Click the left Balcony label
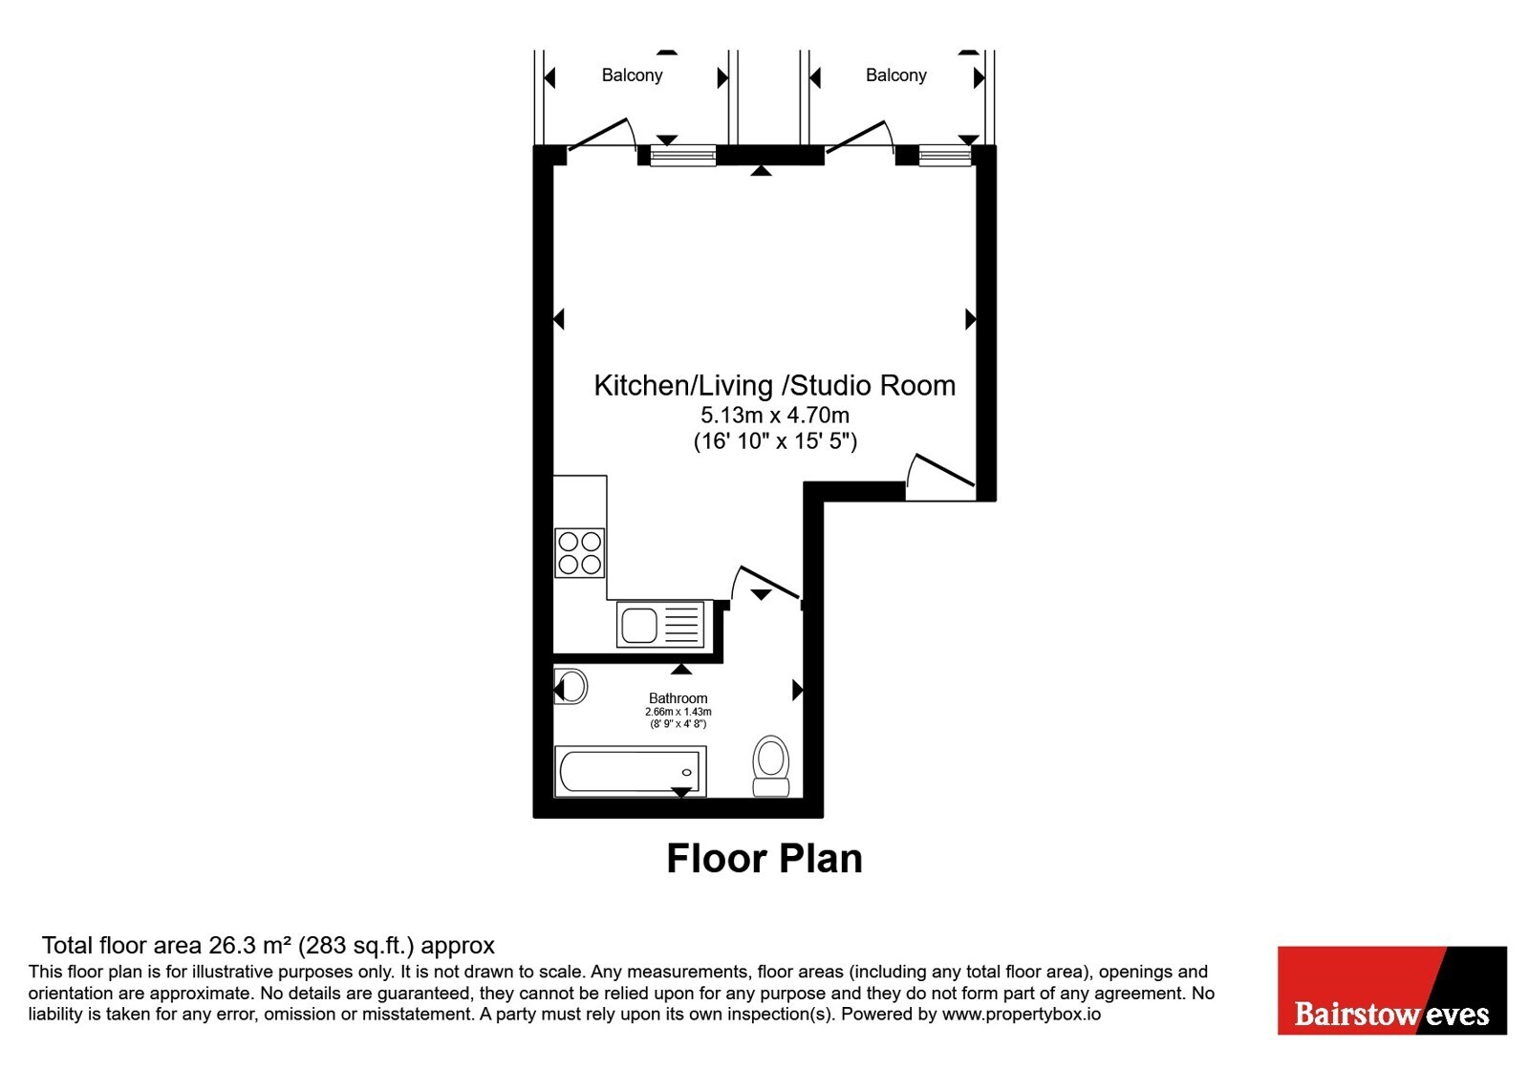(632, 75)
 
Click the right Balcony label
(895, 75)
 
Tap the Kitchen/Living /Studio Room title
(774, 386)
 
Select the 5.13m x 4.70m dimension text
(775, 415)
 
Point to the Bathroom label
(678, 698)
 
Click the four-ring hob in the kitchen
(579, 553)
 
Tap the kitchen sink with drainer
(660, 624)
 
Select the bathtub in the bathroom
(630, 772)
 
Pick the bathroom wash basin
(571, 687)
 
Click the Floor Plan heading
(764, 859)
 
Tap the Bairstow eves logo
(1391, 990)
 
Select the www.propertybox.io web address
(1022, 1014)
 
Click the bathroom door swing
(765, 584)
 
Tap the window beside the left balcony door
(682, 156)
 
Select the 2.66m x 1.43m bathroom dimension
(678, 712)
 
